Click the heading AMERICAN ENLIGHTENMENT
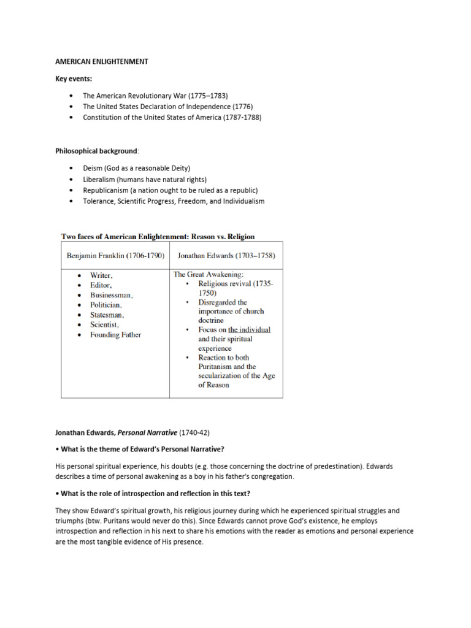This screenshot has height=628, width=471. tap(101, 62)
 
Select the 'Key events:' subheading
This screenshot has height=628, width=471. tap(75, 79)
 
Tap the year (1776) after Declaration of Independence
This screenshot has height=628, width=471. tap(239, 107)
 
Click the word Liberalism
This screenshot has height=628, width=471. tap(99, 179)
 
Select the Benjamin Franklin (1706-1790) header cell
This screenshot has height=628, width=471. tap(115, 255)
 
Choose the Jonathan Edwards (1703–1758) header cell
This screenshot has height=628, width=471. tap(226, 255)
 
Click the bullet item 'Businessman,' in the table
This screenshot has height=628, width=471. tap(112, 295)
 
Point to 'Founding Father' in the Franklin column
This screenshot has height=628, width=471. tap(115, 335)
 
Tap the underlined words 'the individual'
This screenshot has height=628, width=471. tap(249, 329)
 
